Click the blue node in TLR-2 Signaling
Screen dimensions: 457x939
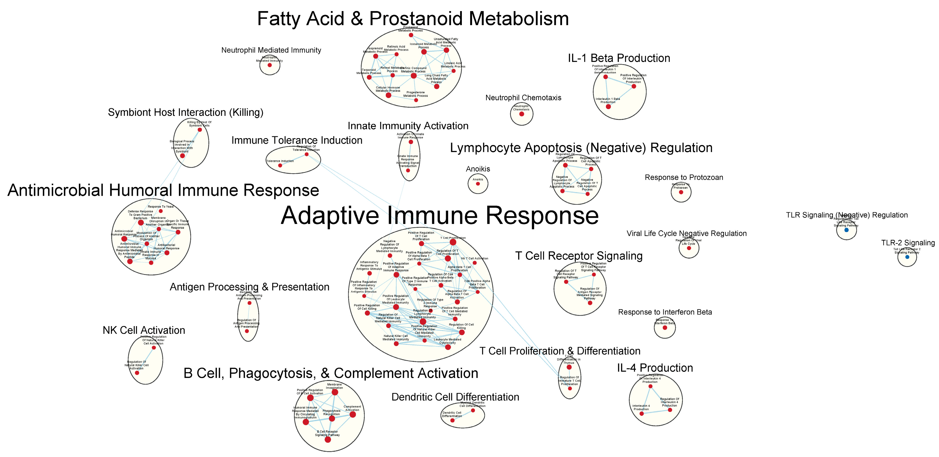coord(907,257)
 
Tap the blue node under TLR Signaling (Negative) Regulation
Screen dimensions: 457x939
coord(846,230)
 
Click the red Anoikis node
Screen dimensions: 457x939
coord(478,184)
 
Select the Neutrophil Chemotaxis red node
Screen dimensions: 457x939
coord(522,114)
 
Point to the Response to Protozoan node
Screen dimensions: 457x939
coord(681,192)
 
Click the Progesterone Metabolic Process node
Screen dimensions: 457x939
coord(416,100)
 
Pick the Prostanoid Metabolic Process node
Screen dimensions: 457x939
coord(411,35)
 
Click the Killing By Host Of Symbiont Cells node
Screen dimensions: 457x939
coord(200,130)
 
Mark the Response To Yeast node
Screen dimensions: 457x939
coord(161,211)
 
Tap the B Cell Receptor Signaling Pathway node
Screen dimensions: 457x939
coord(328,439)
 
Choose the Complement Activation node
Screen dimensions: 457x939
coord(352,414)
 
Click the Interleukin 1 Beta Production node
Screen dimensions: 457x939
coord(608,107)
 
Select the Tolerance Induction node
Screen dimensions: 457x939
coord(280,165)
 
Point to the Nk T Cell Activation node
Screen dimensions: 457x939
coord(475,263)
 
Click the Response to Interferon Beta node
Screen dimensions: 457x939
coord(665,328)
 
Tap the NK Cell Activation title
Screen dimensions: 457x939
coord(144,330)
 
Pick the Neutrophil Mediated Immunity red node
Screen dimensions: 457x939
coord(270,65)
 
